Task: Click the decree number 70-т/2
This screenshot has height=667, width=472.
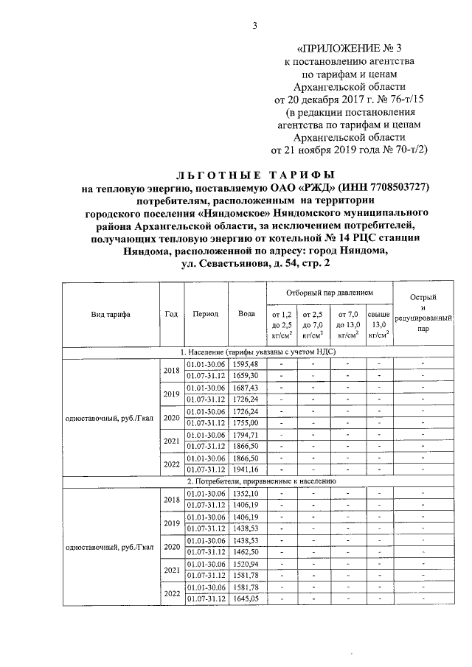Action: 407,150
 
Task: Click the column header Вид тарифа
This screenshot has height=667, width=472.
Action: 111,313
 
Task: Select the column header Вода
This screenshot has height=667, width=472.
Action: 247,313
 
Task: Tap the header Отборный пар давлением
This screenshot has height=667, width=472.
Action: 330,292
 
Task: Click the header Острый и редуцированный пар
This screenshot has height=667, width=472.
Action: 422,313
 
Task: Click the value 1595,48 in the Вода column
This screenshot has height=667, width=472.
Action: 245,364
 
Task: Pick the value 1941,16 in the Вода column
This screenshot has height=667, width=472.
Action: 245,469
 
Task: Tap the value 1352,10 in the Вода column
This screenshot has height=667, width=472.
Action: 245,492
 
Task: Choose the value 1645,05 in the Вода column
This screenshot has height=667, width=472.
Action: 245,599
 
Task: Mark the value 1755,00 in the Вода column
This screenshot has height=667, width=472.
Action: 245,423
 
